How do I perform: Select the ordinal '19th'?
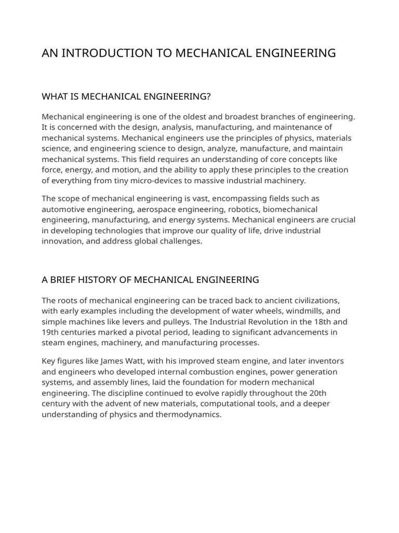50,332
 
